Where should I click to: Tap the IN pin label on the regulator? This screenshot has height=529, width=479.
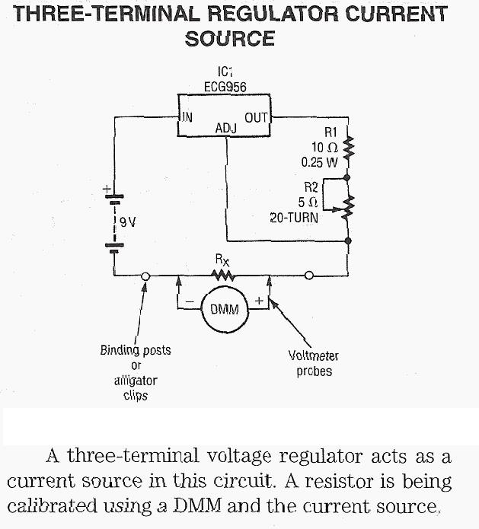[x=187, y=117]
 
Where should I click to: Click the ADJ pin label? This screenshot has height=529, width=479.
[x=225, y=129]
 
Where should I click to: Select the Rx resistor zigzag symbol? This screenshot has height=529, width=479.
[x=222, y=275]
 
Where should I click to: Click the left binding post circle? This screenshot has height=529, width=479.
[x=145, y=276]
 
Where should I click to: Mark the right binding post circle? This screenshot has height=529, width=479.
[x=309, y=276]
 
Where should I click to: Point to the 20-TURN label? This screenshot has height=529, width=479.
[x=294, y=217]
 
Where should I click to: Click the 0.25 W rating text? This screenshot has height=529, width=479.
[x=318, y=161]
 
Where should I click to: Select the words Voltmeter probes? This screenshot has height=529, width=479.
[x=314, y=363]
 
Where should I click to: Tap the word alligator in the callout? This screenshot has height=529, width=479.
[x=135, y=380]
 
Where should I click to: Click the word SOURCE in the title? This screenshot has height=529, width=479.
[x=229, y=39]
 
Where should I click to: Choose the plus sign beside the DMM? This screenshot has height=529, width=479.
[x=259, y=301]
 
